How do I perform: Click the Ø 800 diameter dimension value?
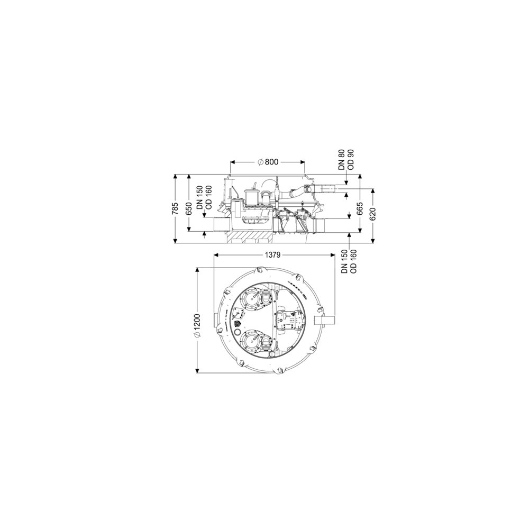pyautogui.click(x=268, y=162)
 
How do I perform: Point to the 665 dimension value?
pyautogui.click(x=360, y=208)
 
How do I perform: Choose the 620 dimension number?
pyautogui.click(x=373, y=214)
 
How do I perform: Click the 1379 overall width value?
pyautogui.click(x=272, y=255)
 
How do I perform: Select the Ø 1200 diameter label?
pyautogui.click(x=197, y=325)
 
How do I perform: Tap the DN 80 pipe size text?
pyautogui.click(x=342, y=160)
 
